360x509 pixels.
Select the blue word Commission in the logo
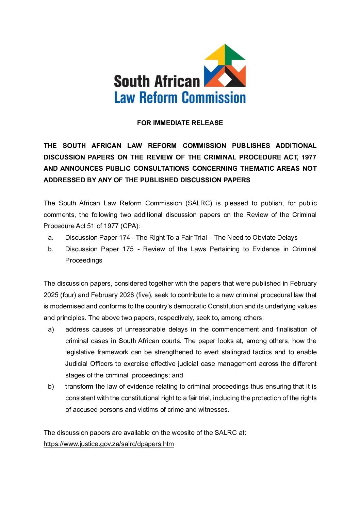213,98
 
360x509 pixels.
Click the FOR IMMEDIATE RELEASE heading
180,123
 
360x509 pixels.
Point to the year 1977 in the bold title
309,157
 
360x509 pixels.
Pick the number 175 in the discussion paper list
128,249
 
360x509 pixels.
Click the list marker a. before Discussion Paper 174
51,238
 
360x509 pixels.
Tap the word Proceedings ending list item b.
84,260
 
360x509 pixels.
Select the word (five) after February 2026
143,295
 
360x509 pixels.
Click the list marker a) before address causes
51,329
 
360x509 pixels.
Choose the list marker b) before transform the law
51,387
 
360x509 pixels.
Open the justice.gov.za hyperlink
109,444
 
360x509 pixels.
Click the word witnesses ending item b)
213,410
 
